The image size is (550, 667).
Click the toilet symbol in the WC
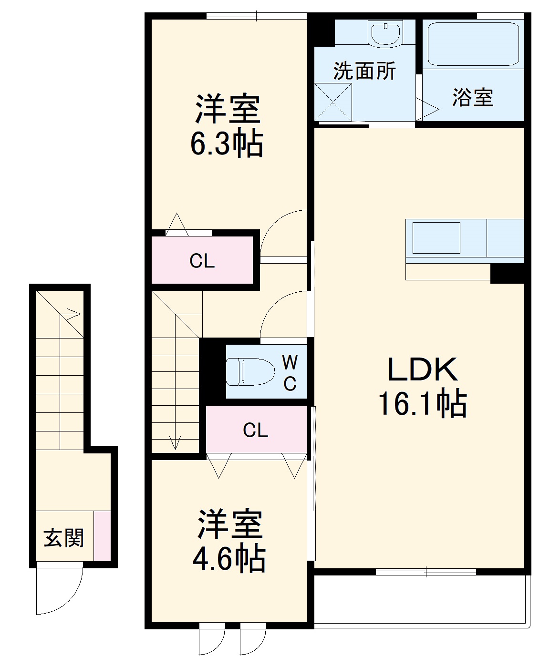coord(250,371)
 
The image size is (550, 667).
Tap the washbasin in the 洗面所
coord(384,33)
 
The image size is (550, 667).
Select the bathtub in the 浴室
coord(473,44)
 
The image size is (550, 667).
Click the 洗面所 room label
coord(364,71)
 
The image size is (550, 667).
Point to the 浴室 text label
coord(472,97)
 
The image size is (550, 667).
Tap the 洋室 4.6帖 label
coord(229,541)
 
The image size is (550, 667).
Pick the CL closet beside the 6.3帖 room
coord(202,260)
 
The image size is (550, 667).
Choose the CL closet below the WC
coord(256,430)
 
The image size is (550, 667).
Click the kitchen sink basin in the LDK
coord(436,237)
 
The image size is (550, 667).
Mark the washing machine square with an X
coord(333,102)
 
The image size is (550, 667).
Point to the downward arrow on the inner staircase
coord(175,442)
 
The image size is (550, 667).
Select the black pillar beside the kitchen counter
coord(507,274)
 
